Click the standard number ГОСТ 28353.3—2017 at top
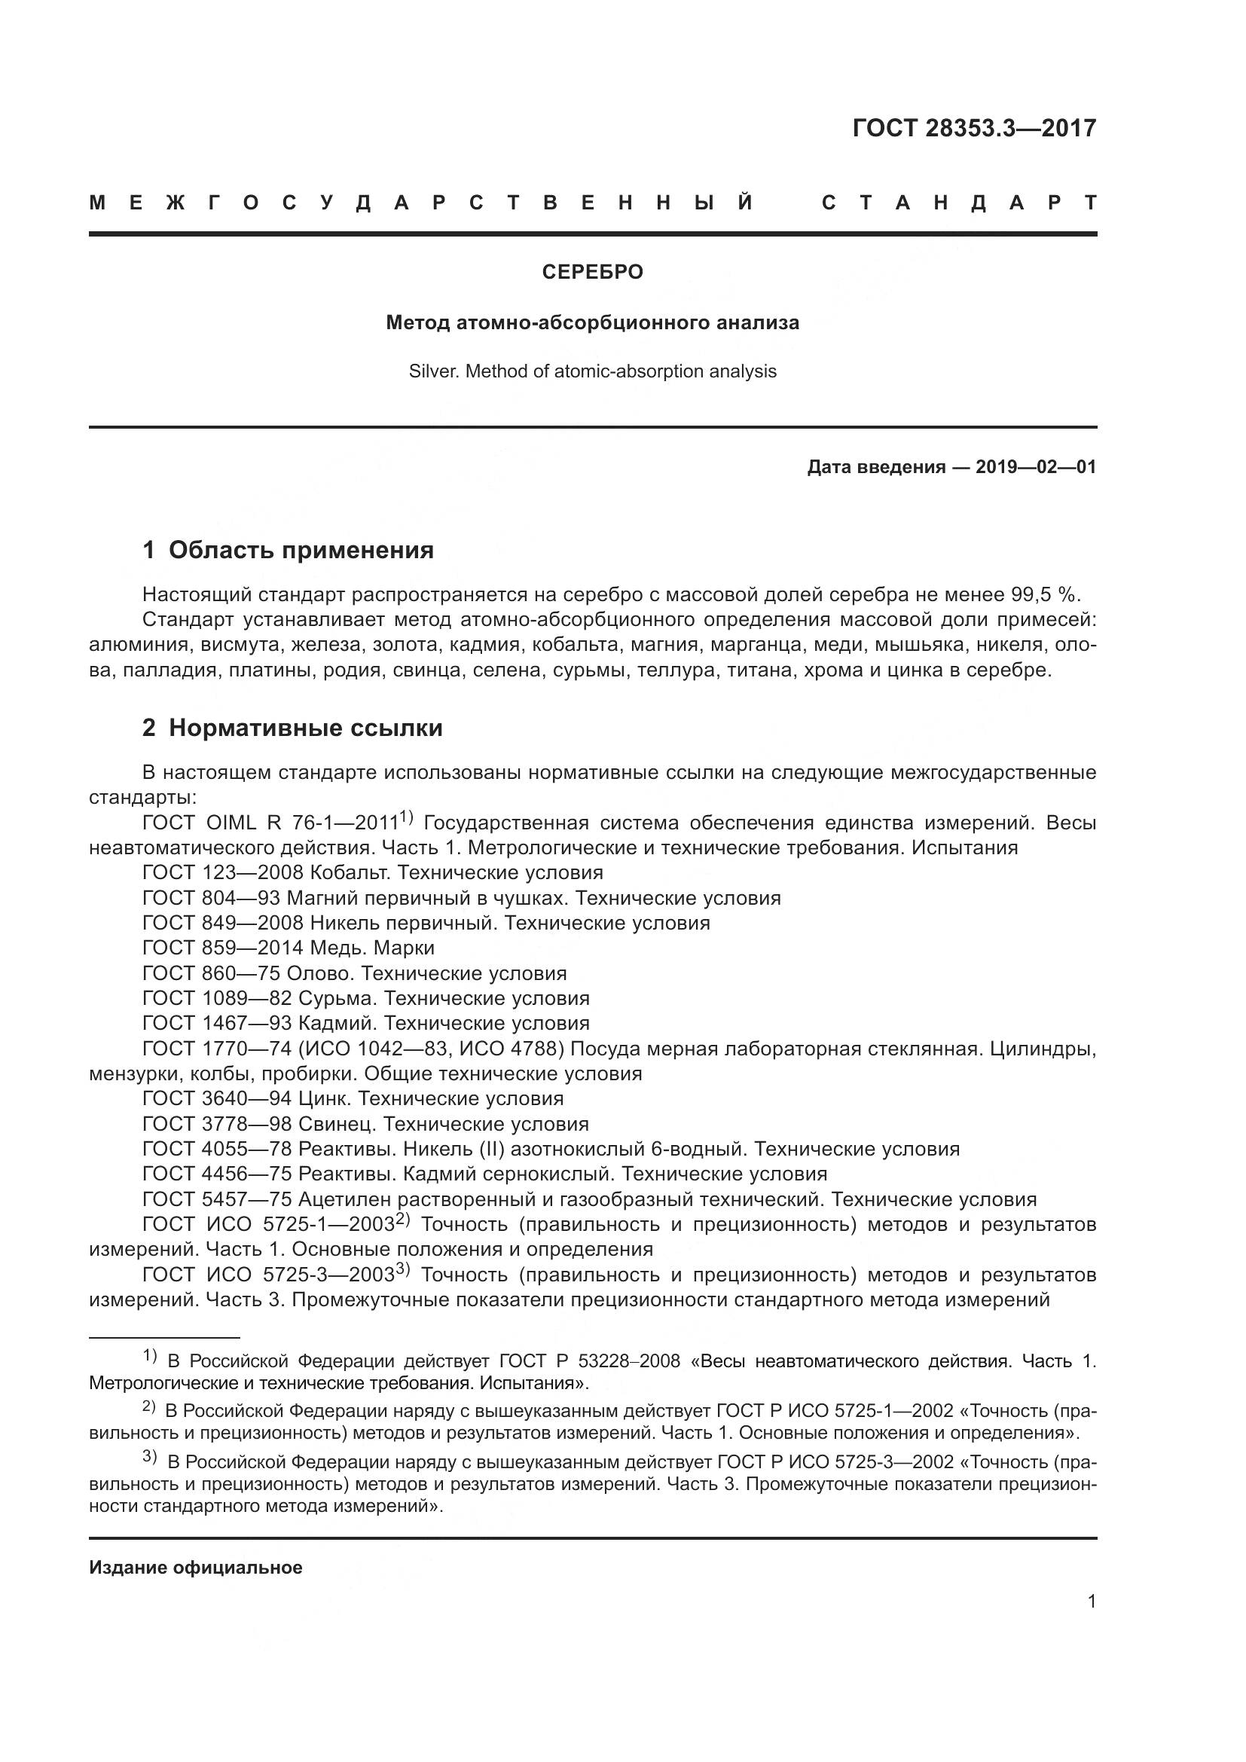973,128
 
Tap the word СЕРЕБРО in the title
592,273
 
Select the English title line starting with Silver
592,372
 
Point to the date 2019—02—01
1036,467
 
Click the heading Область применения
301,550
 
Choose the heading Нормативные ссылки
305,728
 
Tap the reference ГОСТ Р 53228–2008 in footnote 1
589,1361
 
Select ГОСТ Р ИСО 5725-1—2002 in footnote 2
835,1411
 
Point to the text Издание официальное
196,1568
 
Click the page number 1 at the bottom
1092,1602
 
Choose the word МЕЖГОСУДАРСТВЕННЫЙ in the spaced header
422,203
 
